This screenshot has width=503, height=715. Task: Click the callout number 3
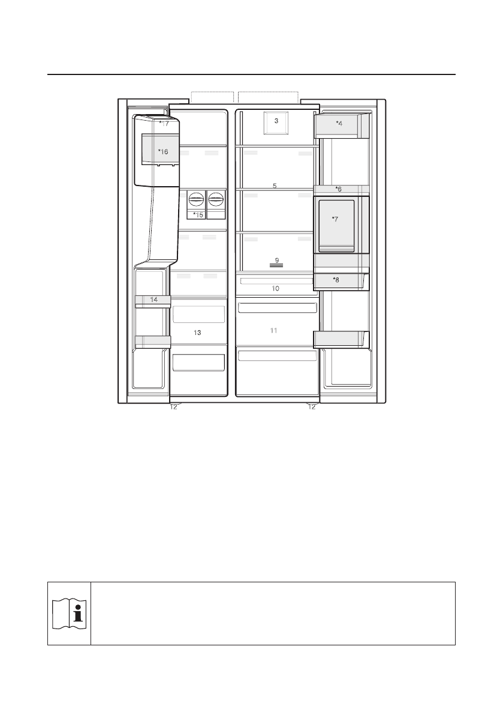tap(276, 121)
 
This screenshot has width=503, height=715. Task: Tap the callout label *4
tap(339, 123)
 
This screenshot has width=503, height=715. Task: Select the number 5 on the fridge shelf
tap(275, 186)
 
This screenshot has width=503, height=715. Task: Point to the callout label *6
tap(339, 189)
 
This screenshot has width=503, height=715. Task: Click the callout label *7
tap(335, 219)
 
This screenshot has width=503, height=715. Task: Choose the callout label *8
tap(336, 280)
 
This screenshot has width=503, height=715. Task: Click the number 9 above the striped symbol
tap(277, 260)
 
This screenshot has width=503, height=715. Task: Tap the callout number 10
tap(275, 289)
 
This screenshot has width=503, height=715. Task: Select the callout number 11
tap(273, 330)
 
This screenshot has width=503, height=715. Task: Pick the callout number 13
tap(197, 333)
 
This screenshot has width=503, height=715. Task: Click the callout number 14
tap(154, 300)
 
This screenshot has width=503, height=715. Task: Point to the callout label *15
tap(198, 215)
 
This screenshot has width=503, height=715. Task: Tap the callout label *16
tap(163, 151)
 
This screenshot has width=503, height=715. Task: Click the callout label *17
tap(164, 123)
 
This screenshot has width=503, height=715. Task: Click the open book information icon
tap(69, 614)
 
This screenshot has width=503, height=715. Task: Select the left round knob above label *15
tap(195, 199)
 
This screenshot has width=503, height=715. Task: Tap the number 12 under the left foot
tap(173, 407)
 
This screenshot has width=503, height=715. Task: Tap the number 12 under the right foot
tap(311, 407)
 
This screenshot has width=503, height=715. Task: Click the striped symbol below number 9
tap(277, 265)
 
